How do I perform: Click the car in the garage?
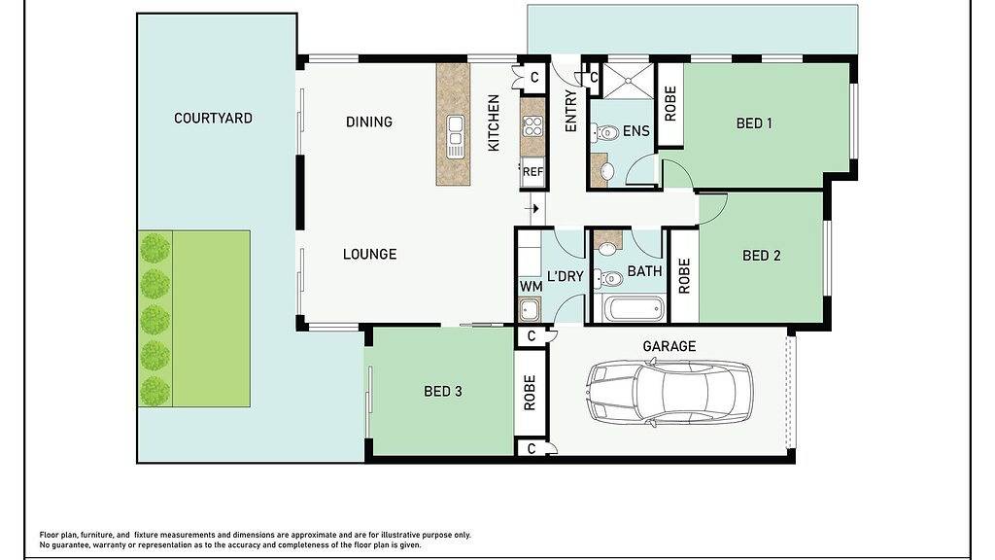tap(669, 392)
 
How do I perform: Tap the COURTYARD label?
tap(213, 118)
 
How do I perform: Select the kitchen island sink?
tap(455, 136)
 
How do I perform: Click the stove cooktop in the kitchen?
tap(532, 126)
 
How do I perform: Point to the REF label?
tap(533, 171)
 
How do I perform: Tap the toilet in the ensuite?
tap(605, 133)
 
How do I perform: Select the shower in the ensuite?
tap(627, 81)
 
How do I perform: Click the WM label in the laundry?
tap(532, 287)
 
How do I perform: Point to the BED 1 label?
tap(754, 123)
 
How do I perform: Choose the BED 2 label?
tap(762, 256)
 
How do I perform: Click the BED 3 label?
tap(443, 391)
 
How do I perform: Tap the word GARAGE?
tap(669, 346)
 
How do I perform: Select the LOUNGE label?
tap(370, 254)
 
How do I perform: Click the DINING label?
tap(369, 122)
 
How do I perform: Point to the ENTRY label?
tap(570, 112)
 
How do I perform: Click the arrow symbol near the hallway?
tap(533, 208)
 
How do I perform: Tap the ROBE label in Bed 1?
tap(670, 103)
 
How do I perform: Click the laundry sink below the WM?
tap(529, 310)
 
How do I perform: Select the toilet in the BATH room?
tap(608, 278)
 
